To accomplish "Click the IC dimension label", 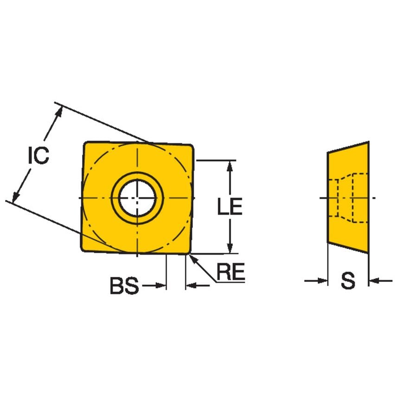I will (x=38, y=156).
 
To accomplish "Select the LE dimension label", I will (x=230, y=207).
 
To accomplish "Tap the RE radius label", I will (x=230, y=273).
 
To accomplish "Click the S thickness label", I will (x=348, y=281).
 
